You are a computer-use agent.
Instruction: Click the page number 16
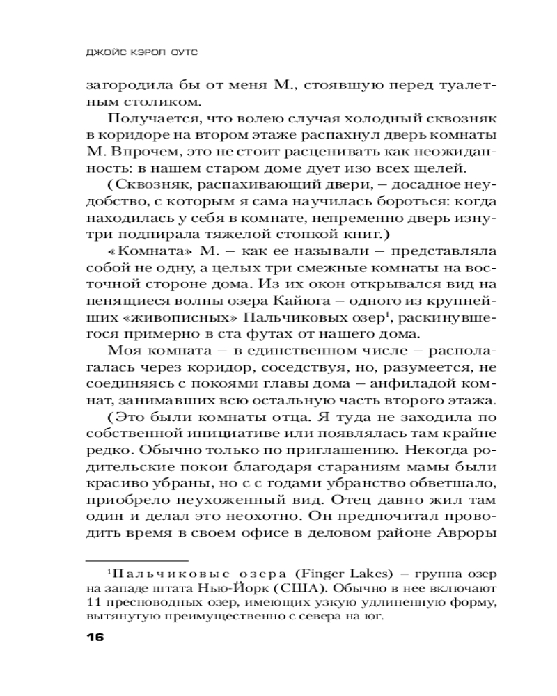pyautogui.click(x=94, y=638)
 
